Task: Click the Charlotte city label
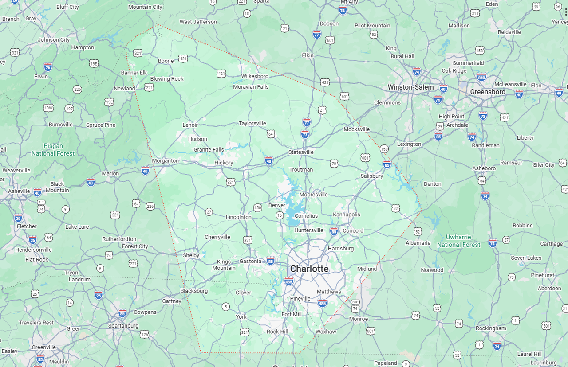[309, 269]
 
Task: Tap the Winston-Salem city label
[410, 87]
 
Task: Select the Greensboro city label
[488, 92]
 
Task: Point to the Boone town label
[166, 61]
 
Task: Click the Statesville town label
[301, 152]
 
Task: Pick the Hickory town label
[224, 163]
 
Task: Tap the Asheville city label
[19, 191]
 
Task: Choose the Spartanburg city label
[123, 325]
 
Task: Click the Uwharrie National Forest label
[458, 241]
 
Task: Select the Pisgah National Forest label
[53, 149]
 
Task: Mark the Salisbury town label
[371, 176]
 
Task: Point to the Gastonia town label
[250, 261]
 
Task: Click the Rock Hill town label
[277, 332]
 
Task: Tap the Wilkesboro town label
[255, 76]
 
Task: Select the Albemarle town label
[418, 243]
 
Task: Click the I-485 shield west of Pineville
[289, 281]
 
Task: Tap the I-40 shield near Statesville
[269, 160]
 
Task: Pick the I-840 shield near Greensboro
[481, 77]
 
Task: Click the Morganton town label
[165, 160]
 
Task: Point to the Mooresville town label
[313, 195]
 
